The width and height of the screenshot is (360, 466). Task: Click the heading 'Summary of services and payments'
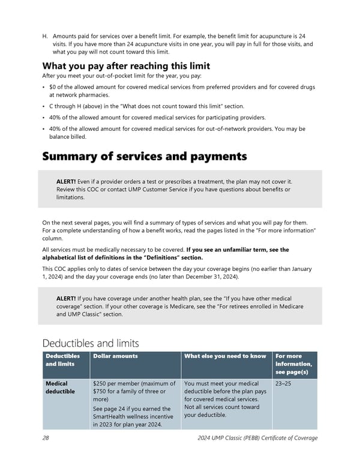click(144, 157)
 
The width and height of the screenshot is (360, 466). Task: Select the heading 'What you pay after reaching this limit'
click(126, 66)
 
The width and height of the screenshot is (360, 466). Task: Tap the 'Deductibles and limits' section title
click(91, 343)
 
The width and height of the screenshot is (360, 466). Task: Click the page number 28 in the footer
click(46, 438)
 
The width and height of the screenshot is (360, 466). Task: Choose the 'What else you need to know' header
click(225, 356)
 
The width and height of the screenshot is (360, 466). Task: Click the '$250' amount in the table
click(101, 384)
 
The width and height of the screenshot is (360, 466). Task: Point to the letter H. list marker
click(45, 37)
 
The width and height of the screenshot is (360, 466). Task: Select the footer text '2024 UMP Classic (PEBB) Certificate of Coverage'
click(257, 438)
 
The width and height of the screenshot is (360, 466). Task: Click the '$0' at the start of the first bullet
click(53, 87)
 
